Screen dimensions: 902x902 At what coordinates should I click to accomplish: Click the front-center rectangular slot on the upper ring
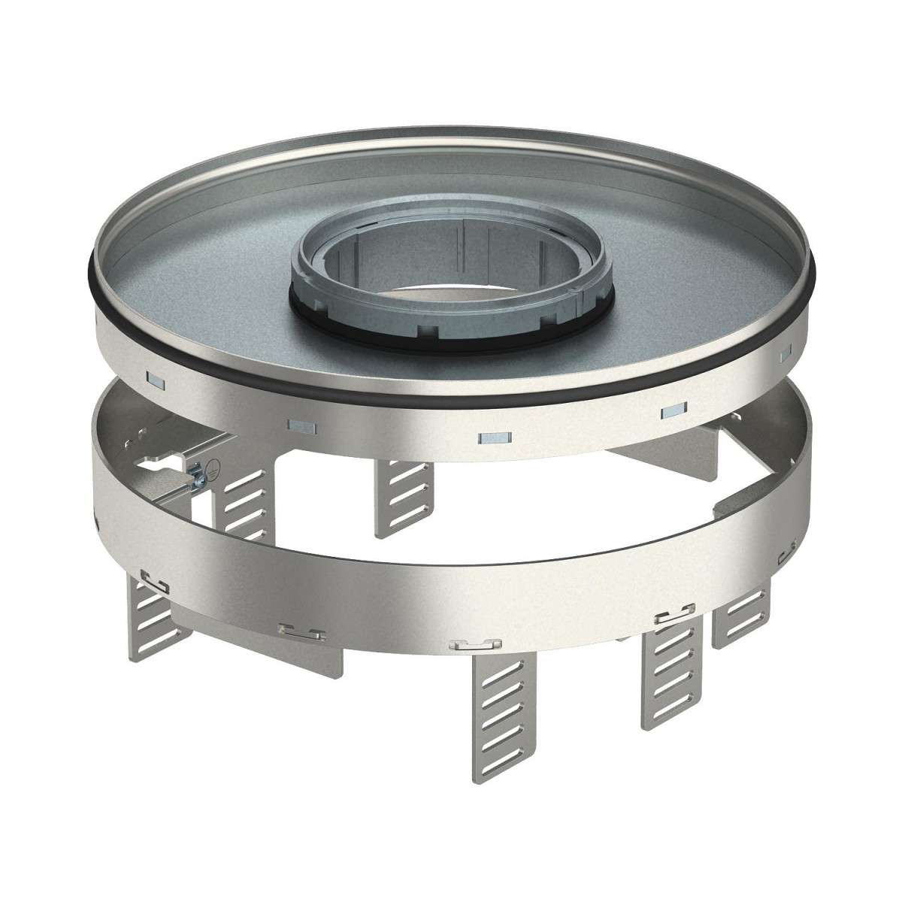494,437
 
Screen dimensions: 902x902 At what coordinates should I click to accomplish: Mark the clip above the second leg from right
673,619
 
